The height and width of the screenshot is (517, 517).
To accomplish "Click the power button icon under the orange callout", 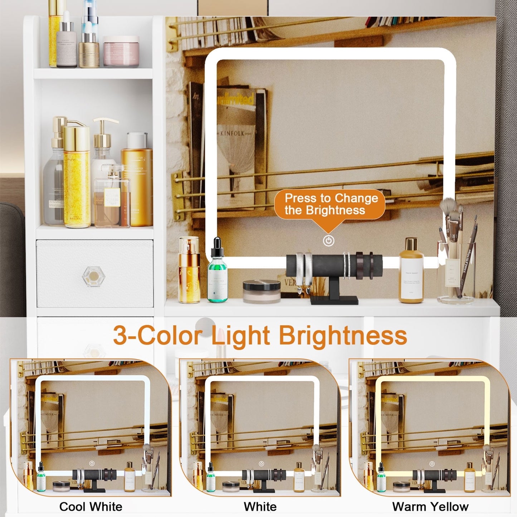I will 328,240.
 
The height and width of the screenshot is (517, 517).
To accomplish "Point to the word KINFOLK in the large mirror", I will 232,133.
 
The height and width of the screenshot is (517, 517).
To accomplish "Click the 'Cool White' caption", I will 91,506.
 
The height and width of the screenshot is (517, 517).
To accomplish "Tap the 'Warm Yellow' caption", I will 430,506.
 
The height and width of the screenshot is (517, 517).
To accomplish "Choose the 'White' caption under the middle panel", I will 260,506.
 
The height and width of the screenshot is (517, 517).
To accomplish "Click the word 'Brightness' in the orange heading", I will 343,336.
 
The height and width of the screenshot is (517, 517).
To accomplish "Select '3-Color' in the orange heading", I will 157,336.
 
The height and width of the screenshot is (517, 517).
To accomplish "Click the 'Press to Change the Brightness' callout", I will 330,204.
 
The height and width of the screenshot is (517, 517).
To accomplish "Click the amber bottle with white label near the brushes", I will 411,272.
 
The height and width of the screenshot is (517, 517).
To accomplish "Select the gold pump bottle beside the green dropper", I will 189,270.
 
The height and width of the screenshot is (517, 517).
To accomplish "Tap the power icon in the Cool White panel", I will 92,463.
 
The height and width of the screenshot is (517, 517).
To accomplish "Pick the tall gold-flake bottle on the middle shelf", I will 76,175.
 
